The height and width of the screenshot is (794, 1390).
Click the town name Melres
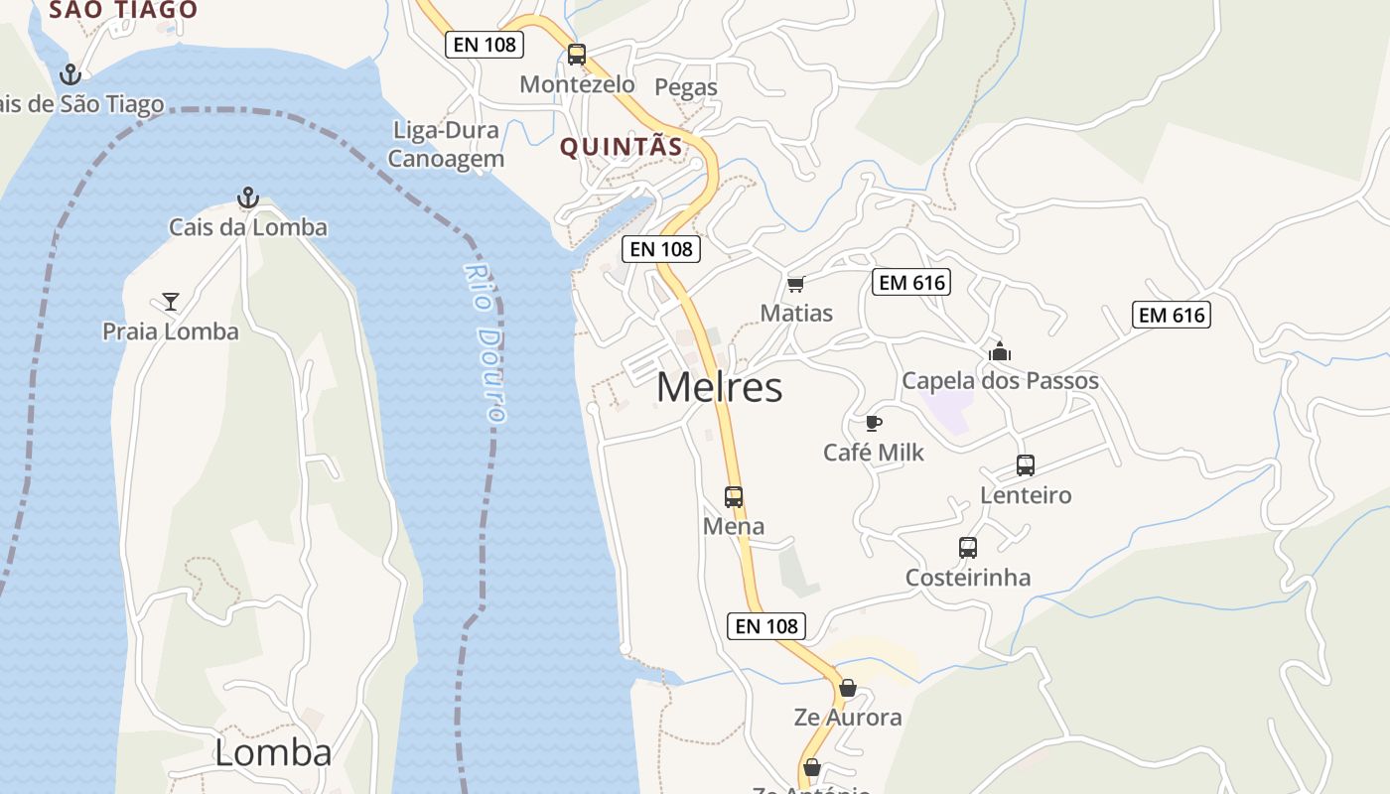click(x=719, y=387)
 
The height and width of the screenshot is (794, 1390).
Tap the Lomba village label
click(x=273, y=752)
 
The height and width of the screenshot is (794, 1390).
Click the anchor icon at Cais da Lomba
click(x=248, y=198)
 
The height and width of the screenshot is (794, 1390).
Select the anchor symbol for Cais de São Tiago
click(x=69, y=73)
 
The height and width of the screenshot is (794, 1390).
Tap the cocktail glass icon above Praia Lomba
click(x=171, y=301)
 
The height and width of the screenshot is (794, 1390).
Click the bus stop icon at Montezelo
click(x=577, y=55)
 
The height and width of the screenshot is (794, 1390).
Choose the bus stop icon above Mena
click(x=734, y=496)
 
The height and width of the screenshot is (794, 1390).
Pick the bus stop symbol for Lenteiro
click(x=1026, y=464)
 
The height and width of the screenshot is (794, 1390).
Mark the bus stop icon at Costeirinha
click(x=968, y=547)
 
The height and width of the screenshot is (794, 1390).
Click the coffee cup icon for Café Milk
click(x=873, y=424)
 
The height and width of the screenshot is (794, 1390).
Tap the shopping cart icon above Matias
click(x=795, y=285)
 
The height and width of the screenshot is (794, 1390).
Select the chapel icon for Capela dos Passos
click(x=1000, y=351)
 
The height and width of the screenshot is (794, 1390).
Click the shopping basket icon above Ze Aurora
click(x=848, y=688)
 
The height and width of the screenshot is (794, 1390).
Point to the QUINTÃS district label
click(x=622, y=148)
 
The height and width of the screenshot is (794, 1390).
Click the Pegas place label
click(x=686, y=87)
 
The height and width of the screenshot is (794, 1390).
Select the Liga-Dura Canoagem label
click(x=447, y=145)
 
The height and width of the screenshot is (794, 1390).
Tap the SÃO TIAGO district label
click(x=123, y=10)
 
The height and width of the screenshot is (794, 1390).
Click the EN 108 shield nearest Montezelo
click(x=484, y=44)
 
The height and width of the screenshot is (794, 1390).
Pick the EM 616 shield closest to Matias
click(x=911, y=283)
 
